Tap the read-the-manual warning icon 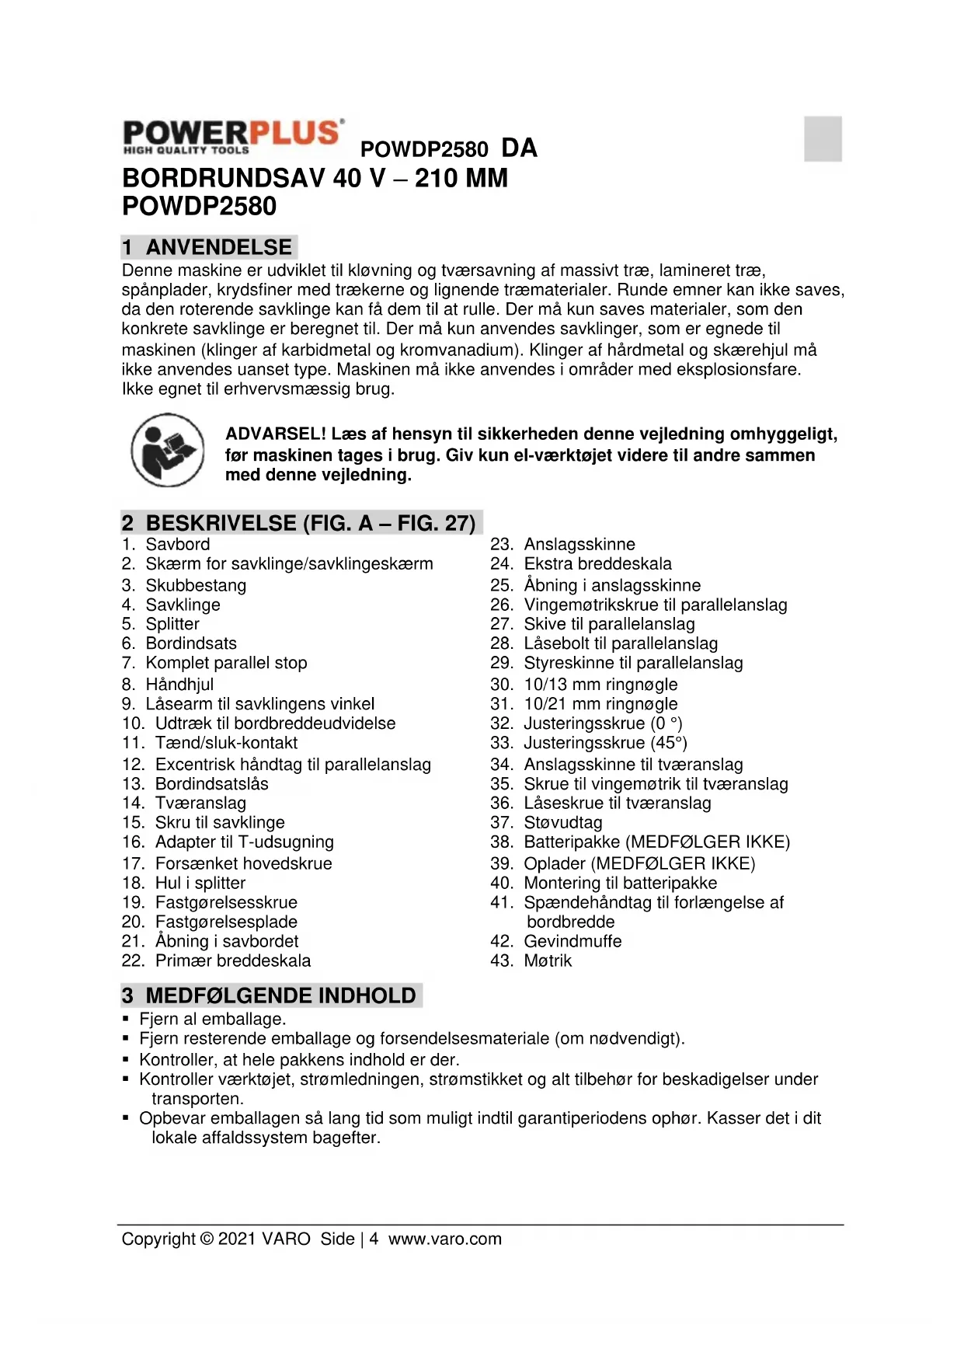(168, 450)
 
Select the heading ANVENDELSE (218, 247)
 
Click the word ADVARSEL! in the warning (276, 434)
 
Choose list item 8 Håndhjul (179, 684)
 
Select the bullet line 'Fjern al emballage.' (212, 1019)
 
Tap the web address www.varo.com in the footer (445, 1239)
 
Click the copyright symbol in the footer (207, 1239)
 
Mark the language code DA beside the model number (519, 148)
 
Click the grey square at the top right (823, 138)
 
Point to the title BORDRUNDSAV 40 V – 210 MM (315, 178)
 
